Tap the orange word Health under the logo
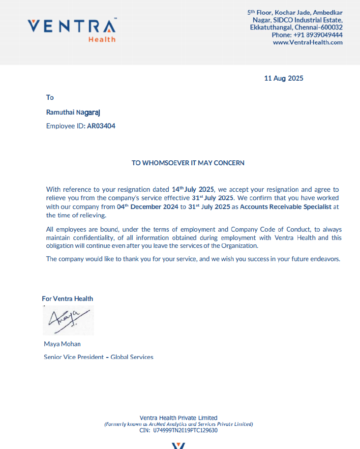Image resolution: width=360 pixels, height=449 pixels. [x=102, y=39]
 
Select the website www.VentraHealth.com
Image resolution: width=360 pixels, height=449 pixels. [x=308, y=42]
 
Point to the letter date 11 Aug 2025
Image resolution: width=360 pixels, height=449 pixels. [x=284, y=78]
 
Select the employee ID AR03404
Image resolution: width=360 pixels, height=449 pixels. [x=101, y=126]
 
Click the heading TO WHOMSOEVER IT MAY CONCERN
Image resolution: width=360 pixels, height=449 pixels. [x=188, y=163]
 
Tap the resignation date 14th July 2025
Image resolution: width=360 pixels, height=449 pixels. [x=193, y=189]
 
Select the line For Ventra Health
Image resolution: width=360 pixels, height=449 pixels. [x=67, y=299]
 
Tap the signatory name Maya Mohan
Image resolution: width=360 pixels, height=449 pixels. [x=62, y=344]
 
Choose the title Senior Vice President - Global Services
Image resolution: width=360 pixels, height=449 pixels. [x=98, y=357]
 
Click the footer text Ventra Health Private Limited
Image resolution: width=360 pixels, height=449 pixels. [x=179, y=418]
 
